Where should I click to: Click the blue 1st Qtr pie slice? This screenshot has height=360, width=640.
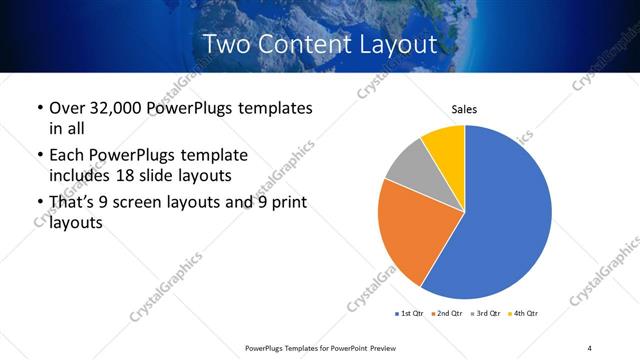coord(510,215)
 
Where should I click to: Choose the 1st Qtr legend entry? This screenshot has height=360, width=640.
coord(409,314)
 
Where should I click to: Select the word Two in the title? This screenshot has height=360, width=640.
coord(229,44)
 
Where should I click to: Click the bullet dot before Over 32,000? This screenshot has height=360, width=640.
coord(39,108)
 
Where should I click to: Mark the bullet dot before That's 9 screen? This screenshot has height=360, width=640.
coord(39,204)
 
